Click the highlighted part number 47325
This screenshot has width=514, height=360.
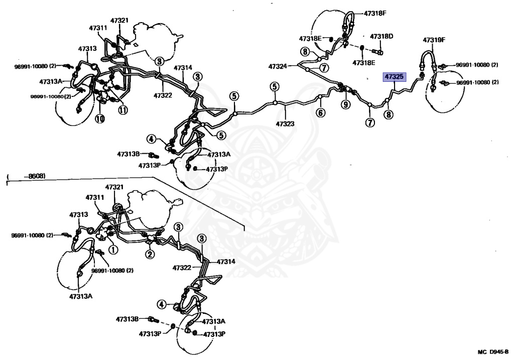tap(394, 77)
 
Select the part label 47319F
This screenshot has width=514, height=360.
tap(434, 40)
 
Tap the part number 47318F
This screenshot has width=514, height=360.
tap(374, 14)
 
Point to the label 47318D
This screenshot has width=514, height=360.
tap(381, 36)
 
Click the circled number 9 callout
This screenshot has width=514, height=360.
tap(345, 104)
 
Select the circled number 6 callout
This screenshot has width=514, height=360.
tap(320, 113)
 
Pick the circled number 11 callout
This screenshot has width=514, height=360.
tap(122, 110)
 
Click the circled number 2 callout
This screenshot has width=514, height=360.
tap(150, 255)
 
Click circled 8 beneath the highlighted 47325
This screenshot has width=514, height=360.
tap(388, 115)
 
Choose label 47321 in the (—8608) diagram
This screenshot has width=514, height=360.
tap(114, 187)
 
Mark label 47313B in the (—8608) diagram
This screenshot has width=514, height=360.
tap(128, 319)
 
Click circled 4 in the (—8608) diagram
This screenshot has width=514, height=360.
tap(161, 304)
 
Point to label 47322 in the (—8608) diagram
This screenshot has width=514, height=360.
tap(183, 268)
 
